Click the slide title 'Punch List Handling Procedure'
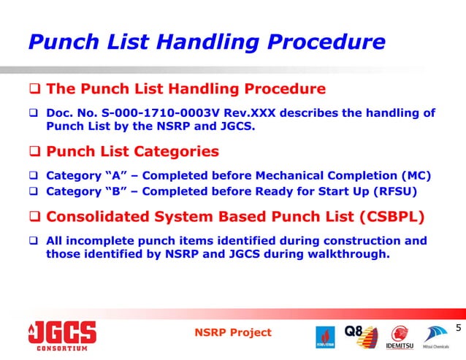pos(206,42)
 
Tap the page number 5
pos(458,328)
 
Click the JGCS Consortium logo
pos(62,336)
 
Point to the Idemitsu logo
pos(400,337)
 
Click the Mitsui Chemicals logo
pos(438,337)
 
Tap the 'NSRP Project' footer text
pos(233,332)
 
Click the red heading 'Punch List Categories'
pos(132,152)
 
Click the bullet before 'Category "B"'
pos(34,193)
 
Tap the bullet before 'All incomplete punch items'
pos(34,241)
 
